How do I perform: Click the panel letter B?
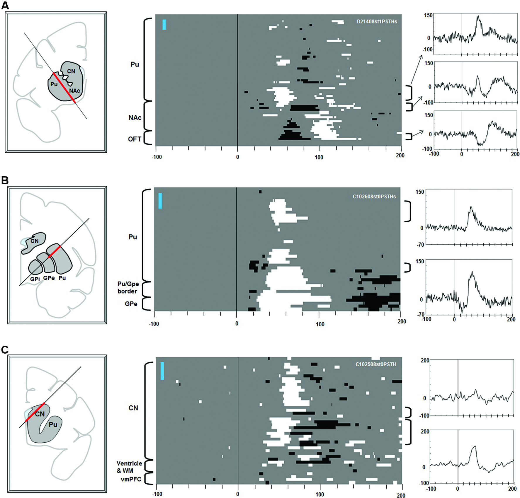click(x=5, y=180)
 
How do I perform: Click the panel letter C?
click(x=5, y=349)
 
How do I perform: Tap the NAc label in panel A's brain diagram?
click(x=74, y=91)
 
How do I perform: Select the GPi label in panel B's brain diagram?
click(x=35, y=279)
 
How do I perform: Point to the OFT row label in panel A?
click(x=135, y=139)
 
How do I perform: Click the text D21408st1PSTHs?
click(x=377, y=22)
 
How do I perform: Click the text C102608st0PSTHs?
click(x=374, y=197)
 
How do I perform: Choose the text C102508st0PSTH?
click(x=375, y=364)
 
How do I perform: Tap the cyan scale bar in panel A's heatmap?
click(x=164, y=25)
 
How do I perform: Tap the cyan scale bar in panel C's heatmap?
click(x=162, y=371)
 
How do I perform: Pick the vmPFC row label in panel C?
click(x=131, y=479)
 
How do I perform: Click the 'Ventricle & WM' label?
click(x=129, y=467)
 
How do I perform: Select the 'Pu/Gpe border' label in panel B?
click(x=128, y=287)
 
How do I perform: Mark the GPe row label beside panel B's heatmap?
click(x=131, y=304)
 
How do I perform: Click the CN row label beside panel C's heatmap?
click(x=133, y=408)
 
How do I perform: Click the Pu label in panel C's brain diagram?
click(x=53, y=424)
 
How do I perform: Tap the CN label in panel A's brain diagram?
click(x=71, y=71)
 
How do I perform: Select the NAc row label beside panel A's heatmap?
click(x=135, y=117)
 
